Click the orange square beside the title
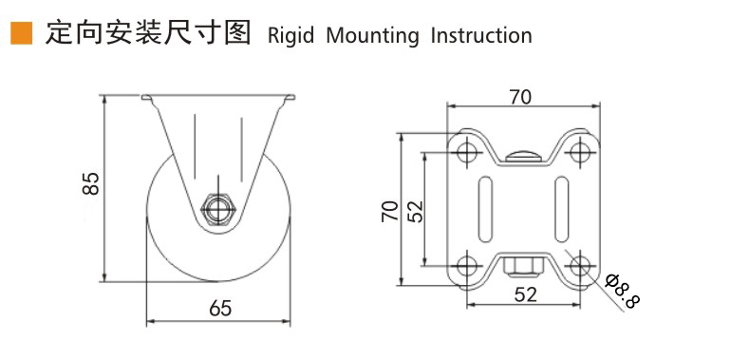(22, 33)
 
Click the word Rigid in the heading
(290, 36)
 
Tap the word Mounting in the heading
(372, 36)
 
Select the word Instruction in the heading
(481, 35)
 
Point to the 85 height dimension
(91, 182)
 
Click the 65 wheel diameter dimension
(220, 309)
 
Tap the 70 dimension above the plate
(520, 98)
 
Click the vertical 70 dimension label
(390, 211)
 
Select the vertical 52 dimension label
(416, 211)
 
